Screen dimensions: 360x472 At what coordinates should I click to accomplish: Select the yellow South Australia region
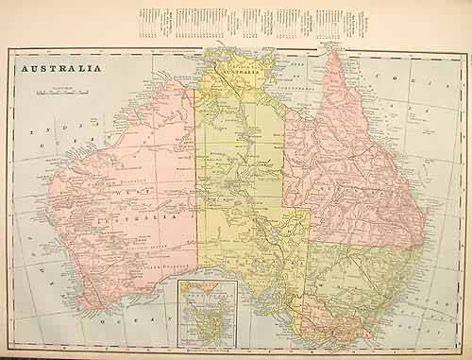coord(255,236)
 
